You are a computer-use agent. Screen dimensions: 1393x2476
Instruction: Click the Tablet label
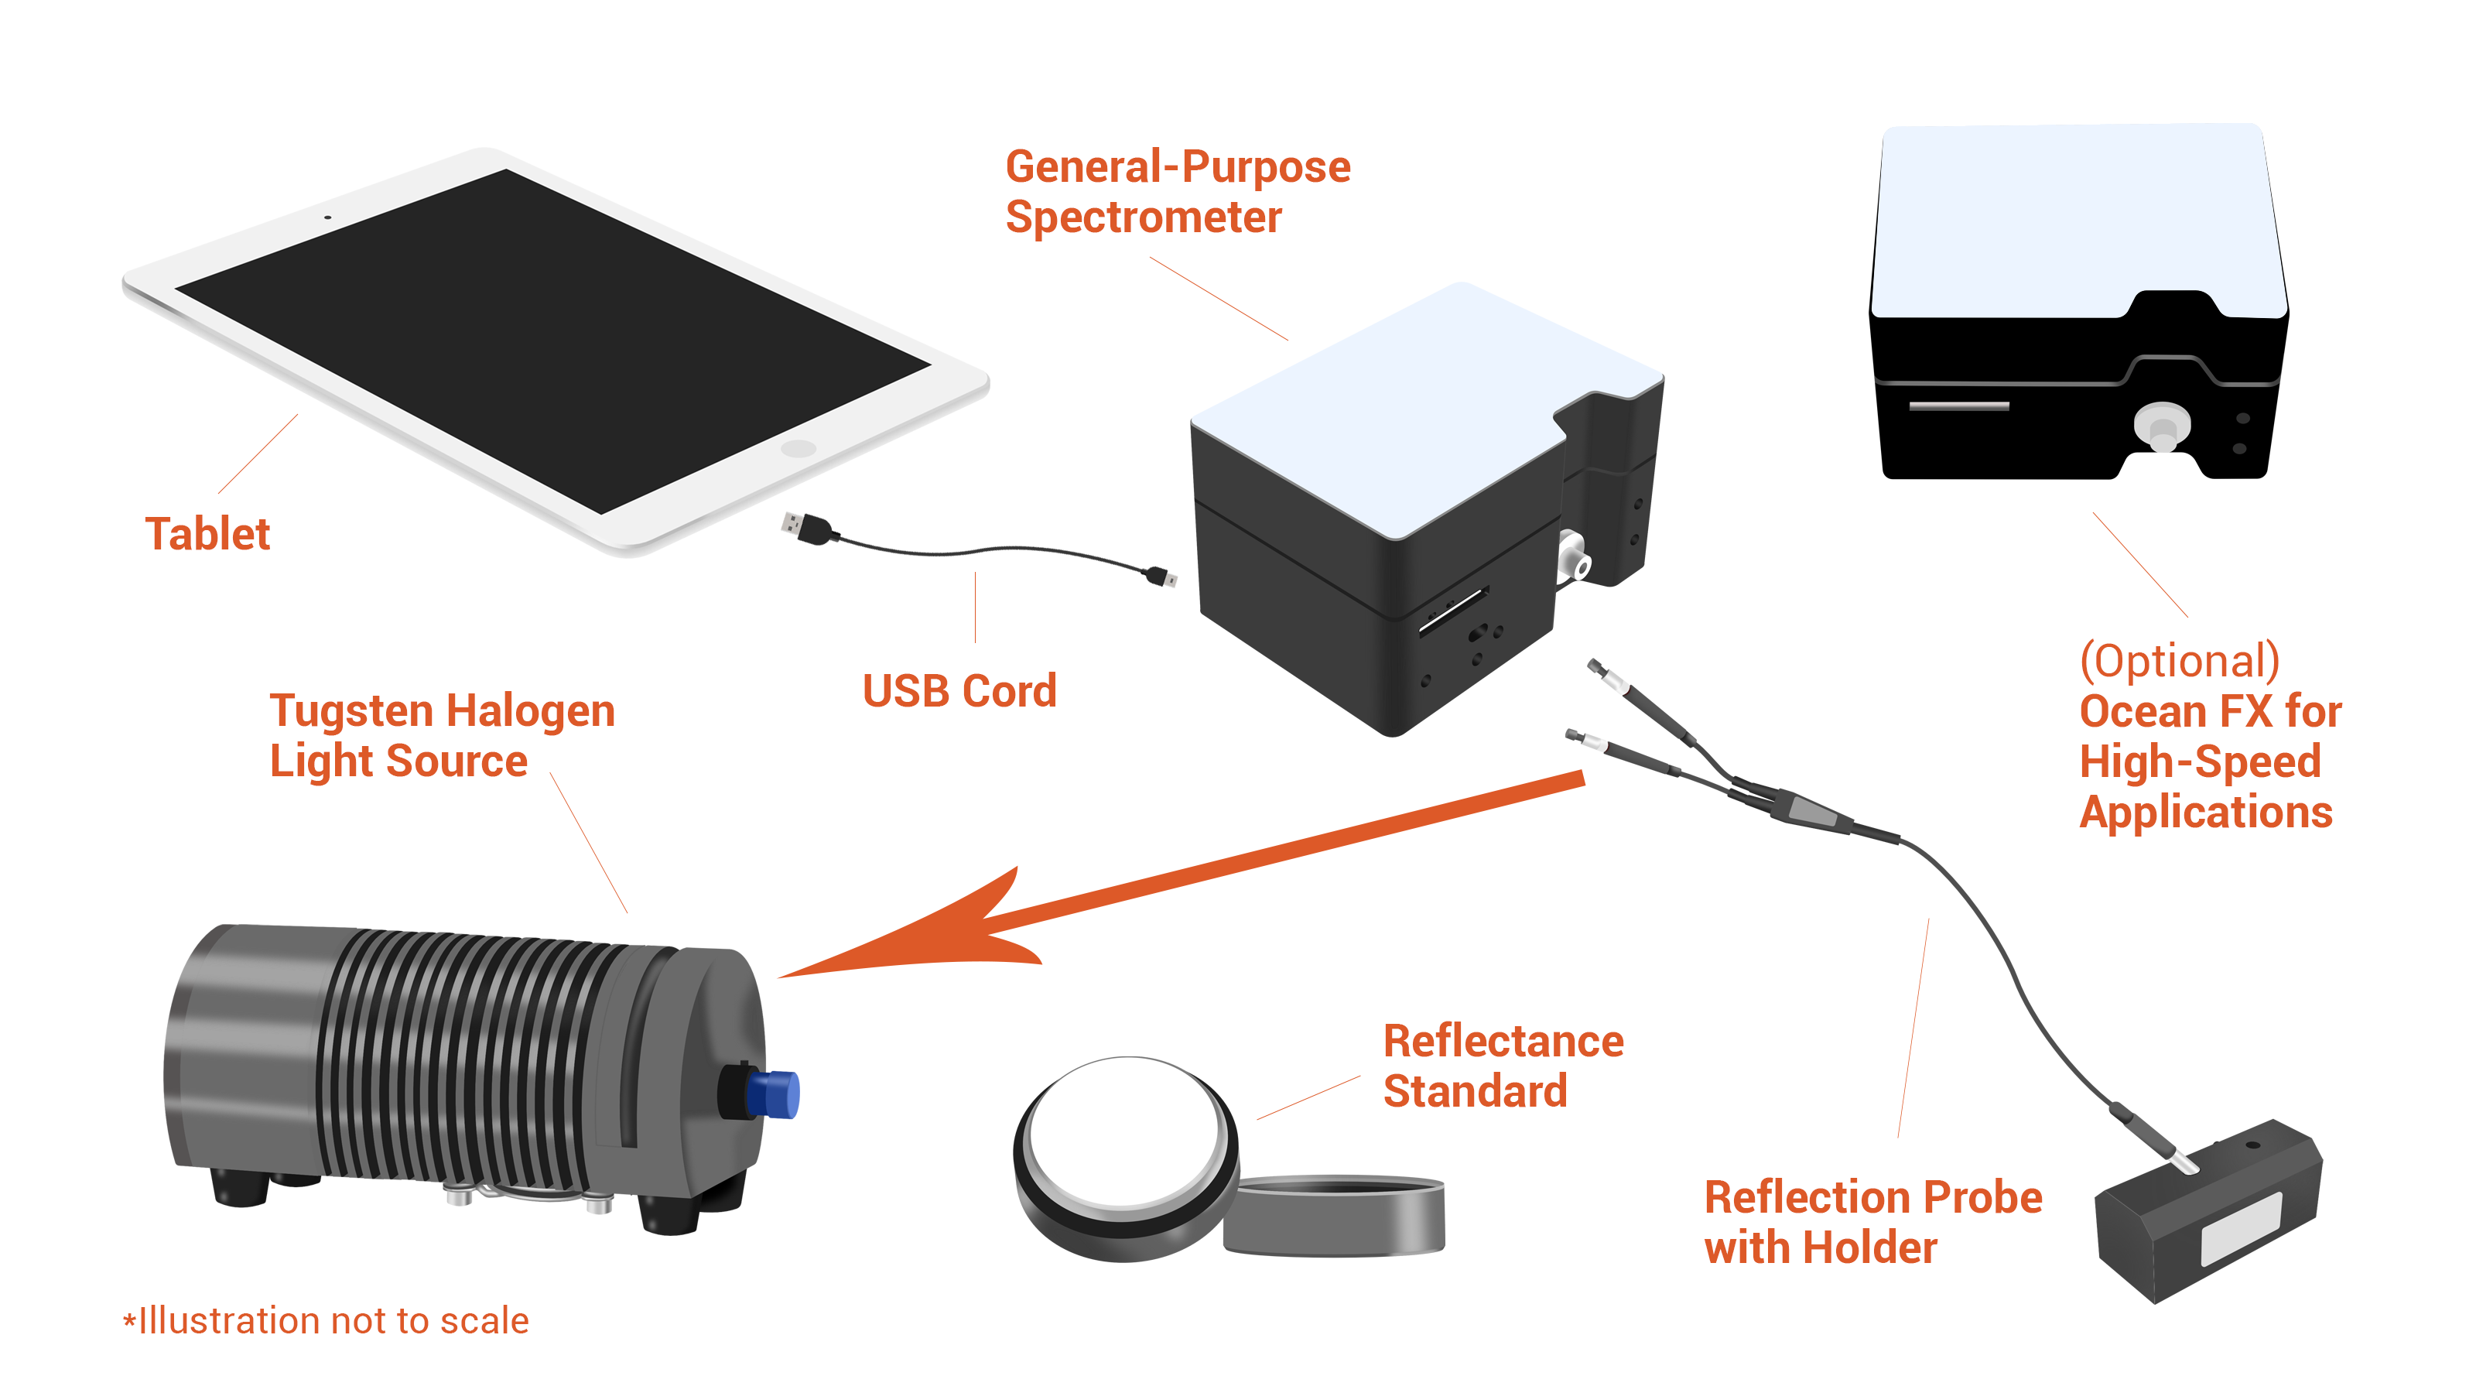(x=207, y=535)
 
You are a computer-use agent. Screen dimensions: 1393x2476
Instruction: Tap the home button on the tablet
(x=798, y=449)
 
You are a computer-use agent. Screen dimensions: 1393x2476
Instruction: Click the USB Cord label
(x=959, y=691)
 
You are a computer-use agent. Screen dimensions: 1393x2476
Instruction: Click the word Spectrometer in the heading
(x=1143, y=217)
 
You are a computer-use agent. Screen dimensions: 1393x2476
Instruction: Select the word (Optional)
(x=2179, y=662)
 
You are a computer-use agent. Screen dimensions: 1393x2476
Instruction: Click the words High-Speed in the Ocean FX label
(x=2199, y=762)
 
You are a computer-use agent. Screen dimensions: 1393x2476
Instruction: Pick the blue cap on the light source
(x=775, y=1094)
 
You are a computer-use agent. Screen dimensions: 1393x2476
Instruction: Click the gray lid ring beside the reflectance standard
(x=1336, y=1216)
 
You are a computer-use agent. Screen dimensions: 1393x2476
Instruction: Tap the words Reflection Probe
(x=1872, y=1198)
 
